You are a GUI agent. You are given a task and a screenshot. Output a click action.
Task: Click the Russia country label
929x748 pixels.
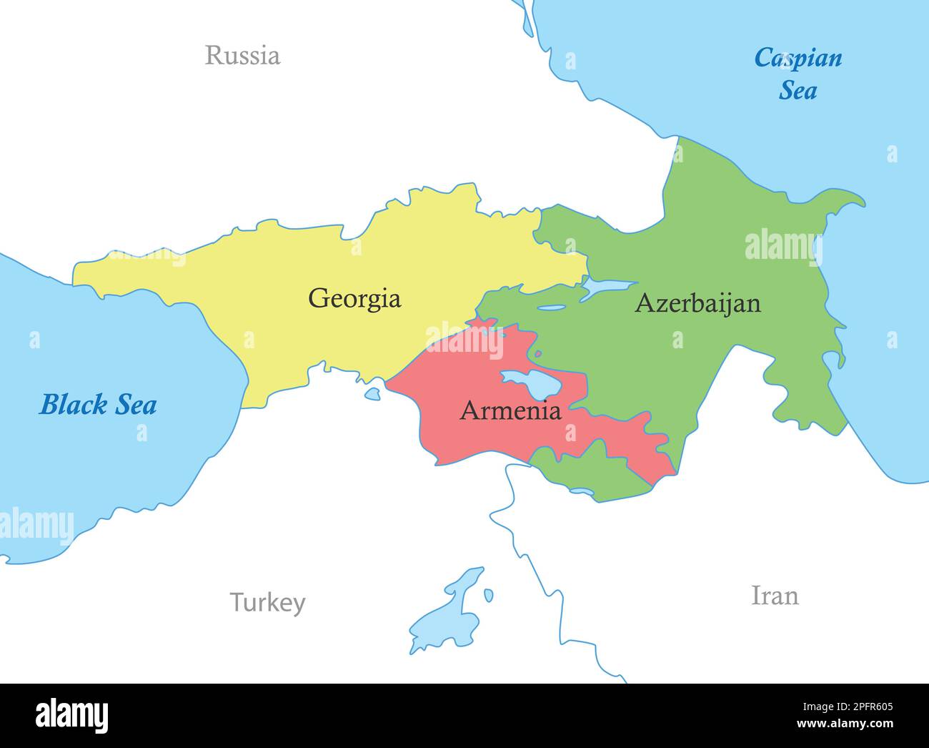[242, 55]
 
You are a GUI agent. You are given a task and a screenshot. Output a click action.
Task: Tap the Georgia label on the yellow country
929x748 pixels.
[354, 297]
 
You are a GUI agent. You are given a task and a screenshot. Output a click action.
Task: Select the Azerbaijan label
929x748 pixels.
[697, 303]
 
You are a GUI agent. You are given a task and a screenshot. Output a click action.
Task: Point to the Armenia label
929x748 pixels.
[510, 410]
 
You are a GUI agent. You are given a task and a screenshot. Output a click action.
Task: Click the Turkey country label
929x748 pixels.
[267, 603]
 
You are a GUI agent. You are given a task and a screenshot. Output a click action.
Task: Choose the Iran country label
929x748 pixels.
[775, 595]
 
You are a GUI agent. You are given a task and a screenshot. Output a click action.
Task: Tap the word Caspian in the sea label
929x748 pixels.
[798, 58]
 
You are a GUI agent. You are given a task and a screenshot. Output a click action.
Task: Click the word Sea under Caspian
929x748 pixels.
[798, 91]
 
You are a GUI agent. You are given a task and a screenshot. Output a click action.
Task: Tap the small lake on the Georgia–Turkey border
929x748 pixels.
[372, 393]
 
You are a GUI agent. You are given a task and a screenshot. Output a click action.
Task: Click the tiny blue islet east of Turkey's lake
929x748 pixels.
[488, 595]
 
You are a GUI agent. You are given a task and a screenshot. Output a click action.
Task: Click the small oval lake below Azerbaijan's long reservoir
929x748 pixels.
[551, 309]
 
